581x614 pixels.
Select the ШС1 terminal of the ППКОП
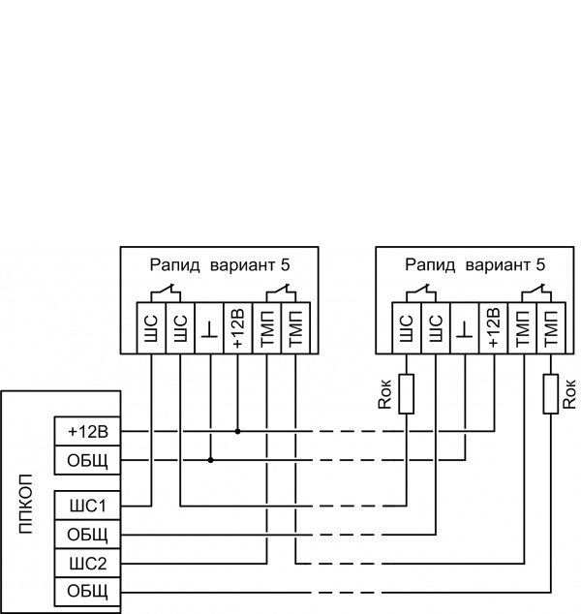coord(87,506)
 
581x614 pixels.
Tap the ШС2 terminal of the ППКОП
coord(87,562)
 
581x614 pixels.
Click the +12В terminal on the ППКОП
coord(87,431)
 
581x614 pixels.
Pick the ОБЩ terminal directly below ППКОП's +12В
coord(87,459)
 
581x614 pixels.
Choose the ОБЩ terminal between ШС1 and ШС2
coord(87,534)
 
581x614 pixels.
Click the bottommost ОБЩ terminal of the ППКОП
coord(87,590)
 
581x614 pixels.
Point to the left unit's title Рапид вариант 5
coord(220,264)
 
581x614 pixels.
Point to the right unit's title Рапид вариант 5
coord(475,264)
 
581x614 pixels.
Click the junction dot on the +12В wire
coord(237,431)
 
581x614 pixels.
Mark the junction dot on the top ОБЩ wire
coord(209,459)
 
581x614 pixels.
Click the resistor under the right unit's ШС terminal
coord(408,393)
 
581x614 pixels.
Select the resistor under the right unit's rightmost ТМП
coord(550,393)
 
